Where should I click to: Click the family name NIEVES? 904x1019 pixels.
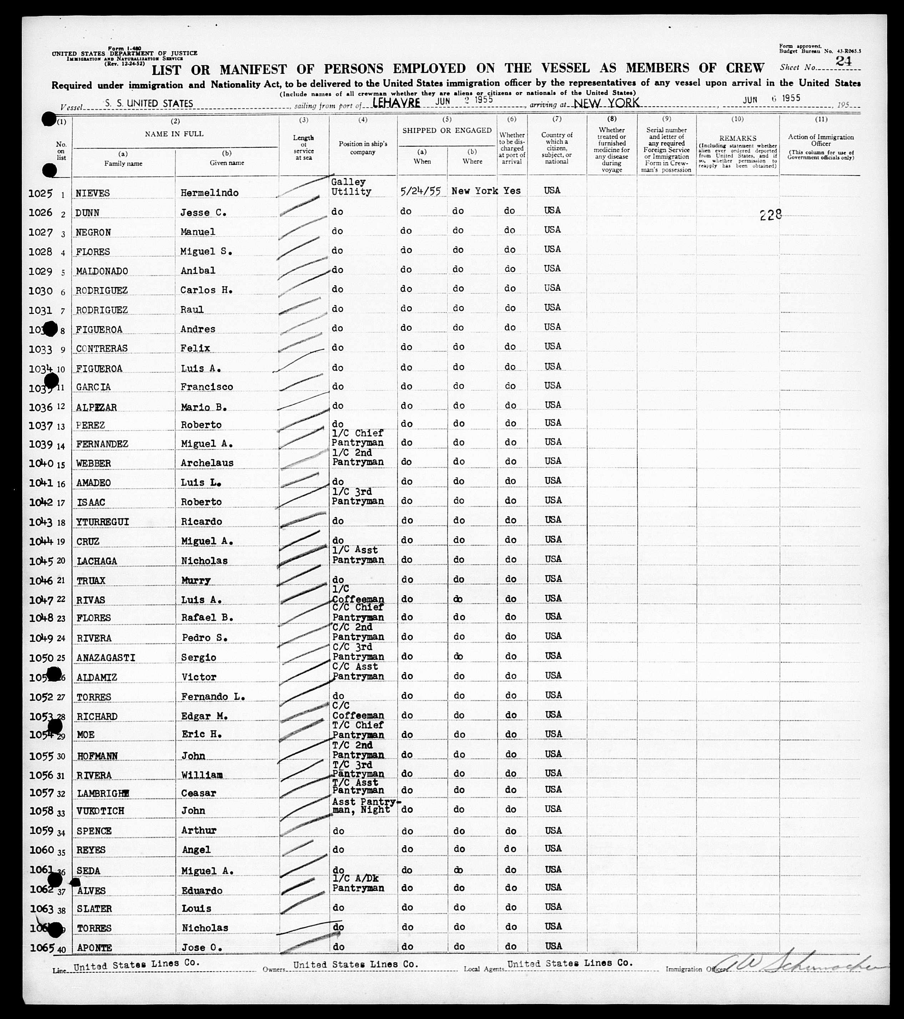point(93,193)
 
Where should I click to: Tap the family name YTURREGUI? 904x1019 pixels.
point(103,522)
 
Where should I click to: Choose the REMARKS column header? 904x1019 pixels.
point(737,138)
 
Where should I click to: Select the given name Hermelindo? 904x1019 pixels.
point(209,193)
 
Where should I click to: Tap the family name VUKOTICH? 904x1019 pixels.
point(100,811)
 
